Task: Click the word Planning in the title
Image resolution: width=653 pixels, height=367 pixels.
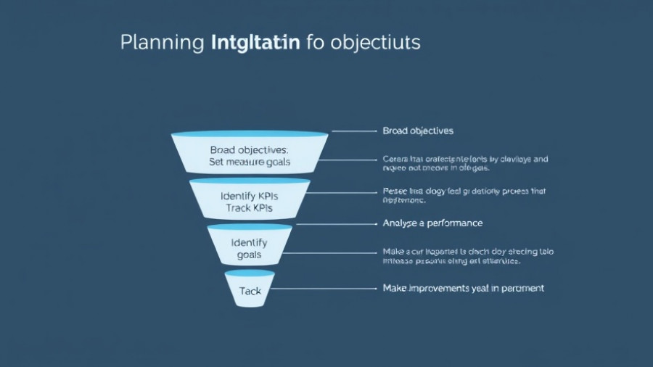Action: click(x=161, y=42)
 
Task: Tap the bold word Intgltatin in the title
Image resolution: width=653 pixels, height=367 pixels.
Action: click(x=255, y=42)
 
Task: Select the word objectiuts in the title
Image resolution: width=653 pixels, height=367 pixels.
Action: click(x=375, y=42)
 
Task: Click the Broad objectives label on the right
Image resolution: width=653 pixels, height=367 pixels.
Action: click(x=417, y=131)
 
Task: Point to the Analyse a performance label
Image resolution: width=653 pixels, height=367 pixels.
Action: click(x=432, y=223)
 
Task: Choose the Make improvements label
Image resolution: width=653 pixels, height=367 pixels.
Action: click(x=463, y=288)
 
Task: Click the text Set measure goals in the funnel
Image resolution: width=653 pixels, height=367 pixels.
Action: click(x=250, y=162)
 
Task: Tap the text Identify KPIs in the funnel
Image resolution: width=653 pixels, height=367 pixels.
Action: click(x=249, y=196)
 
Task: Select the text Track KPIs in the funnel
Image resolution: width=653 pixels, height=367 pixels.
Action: click(x=249, y=209)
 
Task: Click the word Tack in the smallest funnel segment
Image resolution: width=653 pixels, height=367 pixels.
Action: click(x=250, y=290)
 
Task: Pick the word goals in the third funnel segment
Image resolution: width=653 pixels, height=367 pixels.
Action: click(x=249, y=255)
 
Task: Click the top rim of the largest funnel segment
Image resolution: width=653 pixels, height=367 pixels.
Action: click(x=249, y=134)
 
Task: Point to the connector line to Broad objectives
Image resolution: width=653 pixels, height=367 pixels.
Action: click(x=354, y=131)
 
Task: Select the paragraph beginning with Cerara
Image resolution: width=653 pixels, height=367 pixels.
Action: click(x=464, y=163)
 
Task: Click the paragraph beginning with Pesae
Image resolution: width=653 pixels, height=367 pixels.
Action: click(x=463, y=196)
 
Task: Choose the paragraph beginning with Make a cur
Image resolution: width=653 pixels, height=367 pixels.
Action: click(x=467, y=255)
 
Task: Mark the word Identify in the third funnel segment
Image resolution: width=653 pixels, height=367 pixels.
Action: click(x=249, y=242)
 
